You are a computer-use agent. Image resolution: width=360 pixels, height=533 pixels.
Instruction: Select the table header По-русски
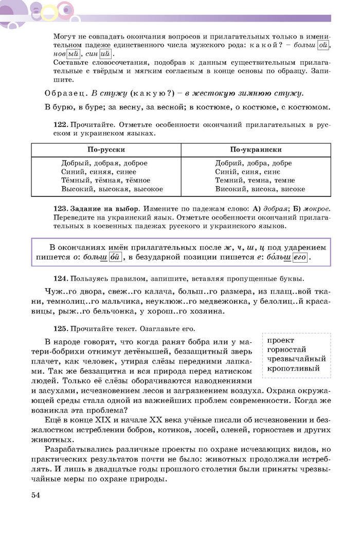coord(106,150)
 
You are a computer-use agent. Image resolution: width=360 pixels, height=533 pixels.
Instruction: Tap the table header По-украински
coord(256,150)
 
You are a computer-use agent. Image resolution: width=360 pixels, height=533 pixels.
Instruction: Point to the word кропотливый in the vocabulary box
coord(293,369)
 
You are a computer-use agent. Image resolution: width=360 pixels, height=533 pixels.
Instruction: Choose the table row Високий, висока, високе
coord(260,189)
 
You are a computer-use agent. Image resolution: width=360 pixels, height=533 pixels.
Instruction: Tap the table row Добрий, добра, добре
coord(254,163)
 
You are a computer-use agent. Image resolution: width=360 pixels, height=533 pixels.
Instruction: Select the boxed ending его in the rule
coord(299,257)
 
